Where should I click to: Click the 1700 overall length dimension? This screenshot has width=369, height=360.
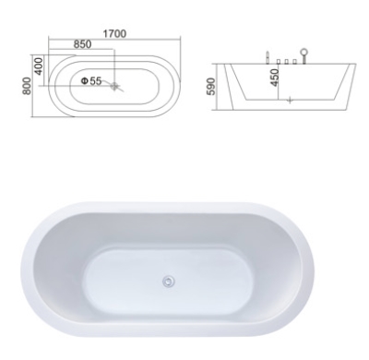(114, 33)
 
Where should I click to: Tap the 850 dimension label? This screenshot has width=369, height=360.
(82, 44)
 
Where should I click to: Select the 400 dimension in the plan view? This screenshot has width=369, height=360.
(39, 66)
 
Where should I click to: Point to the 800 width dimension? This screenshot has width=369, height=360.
(27, 86)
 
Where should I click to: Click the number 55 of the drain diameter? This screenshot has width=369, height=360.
(96, 81)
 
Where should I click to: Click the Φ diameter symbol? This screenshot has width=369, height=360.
(85, 81)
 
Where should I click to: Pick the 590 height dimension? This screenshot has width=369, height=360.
(211, 87)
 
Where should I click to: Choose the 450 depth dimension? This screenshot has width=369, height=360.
(275, 78)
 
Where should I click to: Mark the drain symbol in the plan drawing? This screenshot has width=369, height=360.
(114, 86)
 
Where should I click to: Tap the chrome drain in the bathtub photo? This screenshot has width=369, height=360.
(168, 281)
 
